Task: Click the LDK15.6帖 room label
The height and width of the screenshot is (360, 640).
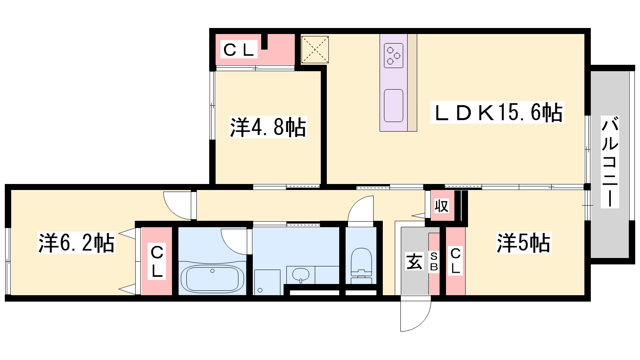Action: point(498,113)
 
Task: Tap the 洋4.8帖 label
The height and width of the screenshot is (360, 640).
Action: point(268,127)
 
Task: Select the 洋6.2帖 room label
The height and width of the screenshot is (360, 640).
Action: point(76,243)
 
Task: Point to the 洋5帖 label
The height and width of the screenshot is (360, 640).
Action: point(524,243)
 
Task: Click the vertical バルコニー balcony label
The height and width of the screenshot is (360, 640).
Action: point(610,162)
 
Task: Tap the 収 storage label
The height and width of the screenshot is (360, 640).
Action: point(442,206)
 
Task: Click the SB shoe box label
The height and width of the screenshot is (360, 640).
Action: point(434,262)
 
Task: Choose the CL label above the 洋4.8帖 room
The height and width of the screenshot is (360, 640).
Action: point(239,50)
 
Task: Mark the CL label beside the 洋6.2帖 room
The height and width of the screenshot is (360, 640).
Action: point(156,262)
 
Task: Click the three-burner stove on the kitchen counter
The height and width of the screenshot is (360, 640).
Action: point(394,56)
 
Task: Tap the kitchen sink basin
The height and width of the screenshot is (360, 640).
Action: point(394,106)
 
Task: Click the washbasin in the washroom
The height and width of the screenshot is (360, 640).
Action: point(300,275)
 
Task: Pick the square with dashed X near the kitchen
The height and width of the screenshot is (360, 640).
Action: point(315,50)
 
